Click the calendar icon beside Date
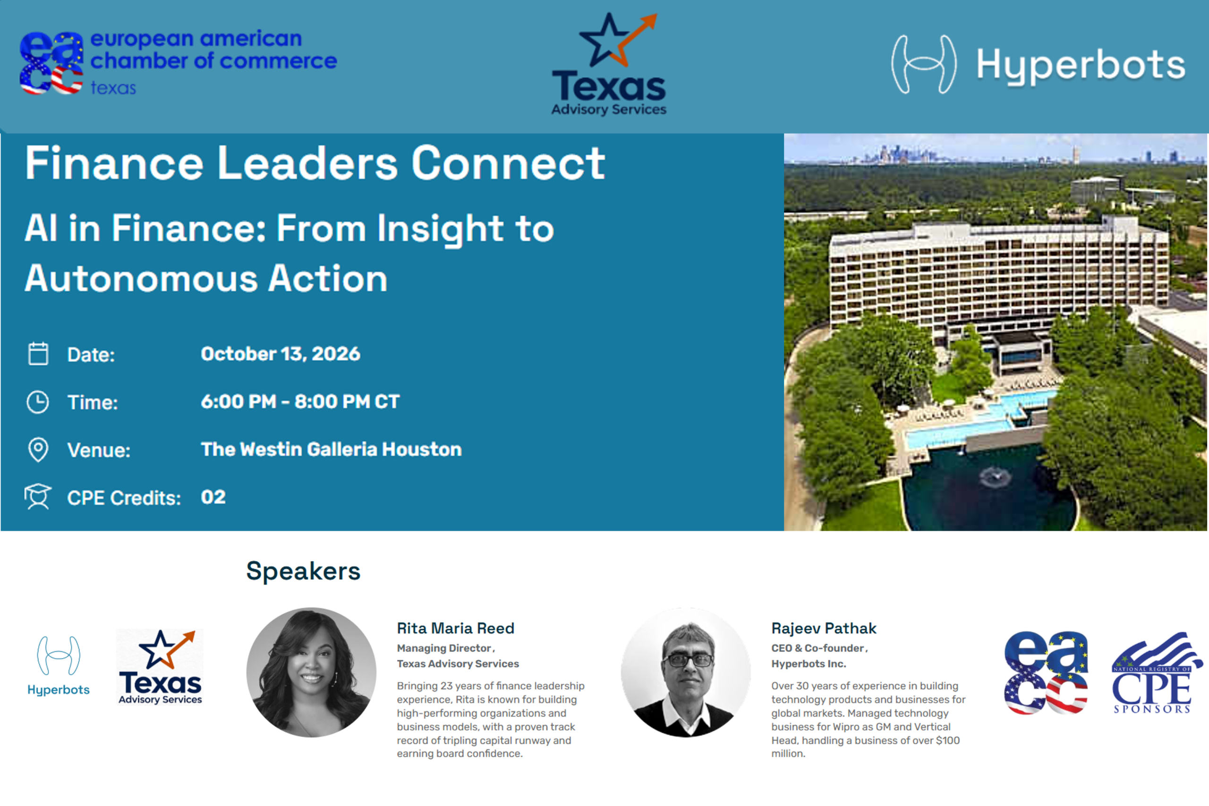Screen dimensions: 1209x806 pos(38,354)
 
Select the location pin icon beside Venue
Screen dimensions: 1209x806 pos(38,450)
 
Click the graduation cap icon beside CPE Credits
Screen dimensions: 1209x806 pos(38,497)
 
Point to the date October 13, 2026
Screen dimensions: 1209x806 pos(281,354)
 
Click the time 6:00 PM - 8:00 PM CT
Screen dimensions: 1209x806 pos(300,401)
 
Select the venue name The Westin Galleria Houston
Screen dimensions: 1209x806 pos(331,449)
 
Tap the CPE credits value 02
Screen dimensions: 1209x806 pos(213,497)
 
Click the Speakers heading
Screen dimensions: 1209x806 pos(303,571)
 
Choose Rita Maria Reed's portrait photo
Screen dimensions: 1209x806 pos(312,672)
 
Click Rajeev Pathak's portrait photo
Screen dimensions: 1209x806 pos(686,672)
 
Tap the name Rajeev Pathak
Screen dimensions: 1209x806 pos(824,628)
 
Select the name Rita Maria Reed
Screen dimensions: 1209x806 pos(455,628)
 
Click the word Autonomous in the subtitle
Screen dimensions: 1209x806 pos(141,279)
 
